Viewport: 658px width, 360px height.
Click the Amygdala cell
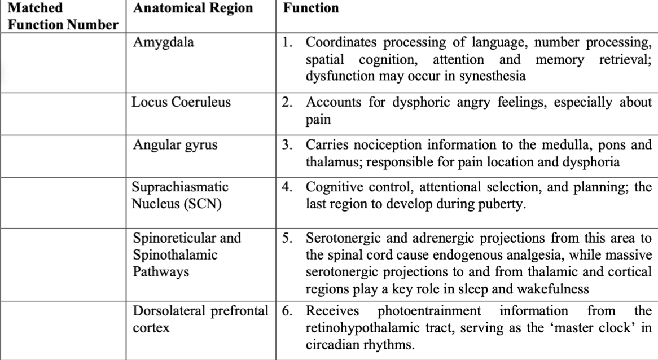pos(163,42)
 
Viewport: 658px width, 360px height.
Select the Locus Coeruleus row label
pos(181,102)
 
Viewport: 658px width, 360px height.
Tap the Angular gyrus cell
pos(175,145)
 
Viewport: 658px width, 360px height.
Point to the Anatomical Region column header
pos(193,8)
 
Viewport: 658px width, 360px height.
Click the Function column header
pos(311,8)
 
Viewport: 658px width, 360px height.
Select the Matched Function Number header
pos(63,16)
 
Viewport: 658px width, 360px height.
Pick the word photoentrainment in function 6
pos(429,311)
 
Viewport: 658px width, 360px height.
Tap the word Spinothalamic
pos(175,255)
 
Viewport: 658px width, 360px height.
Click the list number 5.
pos(287,238)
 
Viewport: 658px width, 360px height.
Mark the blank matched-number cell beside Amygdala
pos(63,63)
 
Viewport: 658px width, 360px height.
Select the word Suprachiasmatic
pos(180,187)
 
